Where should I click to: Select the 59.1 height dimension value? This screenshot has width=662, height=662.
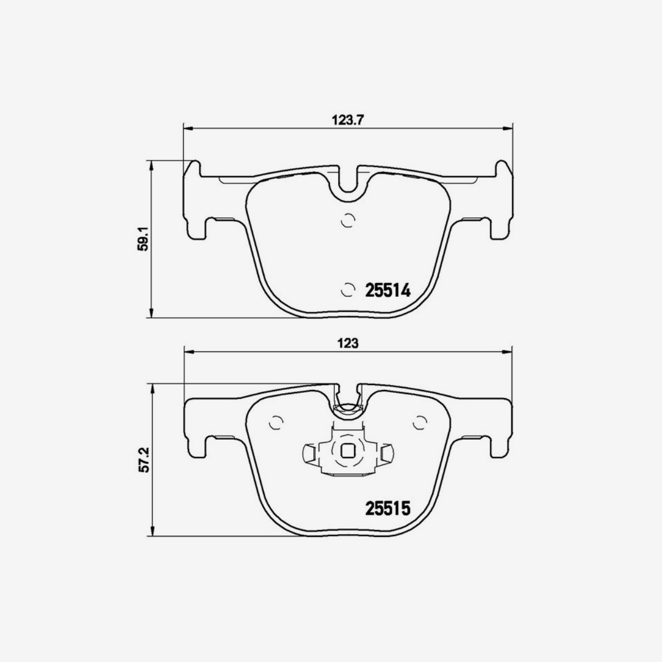pos(143,238)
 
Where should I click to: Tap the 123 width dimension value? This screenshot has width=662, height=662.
pos(348,343)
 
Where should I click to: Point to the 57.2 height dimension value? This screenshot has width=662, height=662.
pos(143,460)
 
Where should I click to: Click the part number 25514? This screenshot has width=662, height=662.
pos(388,290)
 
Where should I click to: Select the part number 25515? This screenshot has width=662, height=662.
pos(388,508)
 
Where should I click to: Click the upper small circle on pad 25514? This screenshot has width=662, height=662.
pos(348,220)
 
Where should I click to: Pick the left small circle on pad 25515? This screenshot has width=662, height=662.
pos(275,422)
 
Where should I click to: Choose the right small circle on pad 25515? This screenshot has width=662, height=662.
pos(421,422)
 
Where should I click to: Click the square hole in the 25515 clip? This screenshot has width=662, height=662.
pos(348,451)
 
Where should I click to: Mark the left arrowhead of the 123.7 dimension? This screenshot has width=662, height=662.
pos(188,129)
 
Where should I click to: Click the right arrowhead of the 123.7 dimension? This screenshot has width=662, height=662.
pos(508,129)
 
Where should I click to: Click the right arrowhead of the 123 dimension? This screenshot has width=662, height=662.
pos(508,351)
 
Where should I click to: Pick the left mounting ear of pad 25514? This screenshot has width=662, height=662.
pos(194,201)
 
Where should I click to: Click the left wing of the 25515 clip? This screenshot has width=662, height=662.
pos(311,453)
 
